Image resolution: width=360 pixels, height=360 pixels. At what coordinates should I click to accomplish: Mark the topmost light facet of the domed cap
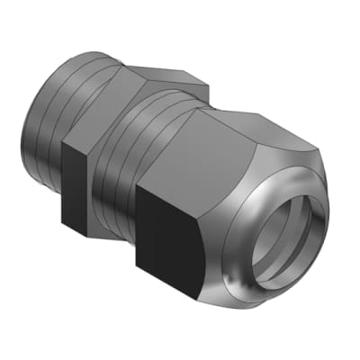pyautogui.click(x=261, y=117)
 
